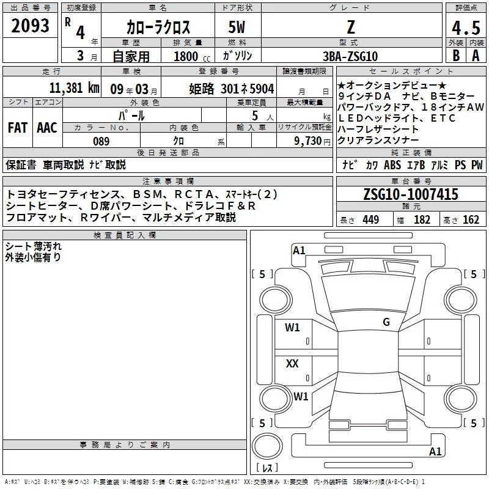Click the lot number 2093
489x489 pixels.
click(x=30, y=26)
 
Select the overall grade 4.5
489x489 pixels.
click(x=466, y=28)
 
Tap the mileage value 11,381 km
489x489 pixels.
click(x=74, y=88)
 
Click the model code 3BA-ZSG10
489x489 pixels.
click(x=350, y=56)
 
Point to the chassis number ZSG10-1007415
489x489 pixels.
click(x=411, y=194)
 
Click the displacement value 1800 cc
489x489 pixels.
click(x=192, y=56)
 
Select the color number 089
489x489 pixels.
click(x=101, y=141)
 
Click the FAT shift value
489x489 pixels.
click(x=18, y=128)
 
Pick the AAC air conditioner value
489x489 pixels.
click(x=47, y=128)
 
